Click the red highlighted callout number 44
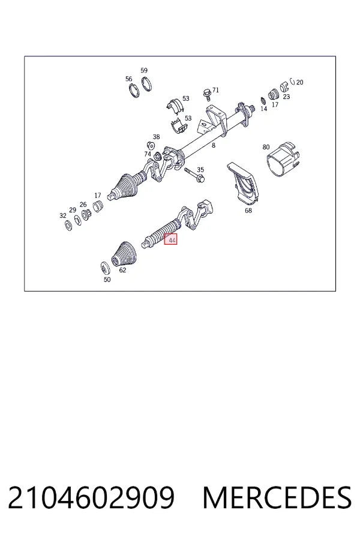(x=170, y=239)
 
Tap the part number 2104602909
(x=91, y=498)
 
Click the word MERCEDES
(x=277, y=498)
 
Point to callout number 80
(x=266, y=147)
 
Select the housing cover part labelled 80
(x=284, y=159)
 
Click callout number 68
(x=248, y=211)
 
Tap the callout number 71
(x=215, y=90)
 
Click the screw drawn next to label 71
(x=208, y=94)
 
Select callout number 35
(x=200, y=169)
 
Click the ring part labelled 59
(x=147, y=85)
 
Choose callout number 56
(x=129, y=79)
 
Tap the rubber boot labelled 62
(x=124, y=254)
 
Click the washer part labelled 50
(x=106, y=268)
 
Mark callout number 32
(x=62, y=215)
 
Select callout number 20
(x=300, y=82)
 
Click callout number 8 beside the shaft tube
(x=214, y=145)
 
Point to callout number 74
(x=148, y=154)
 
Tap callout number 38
(x=157, y=137)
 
